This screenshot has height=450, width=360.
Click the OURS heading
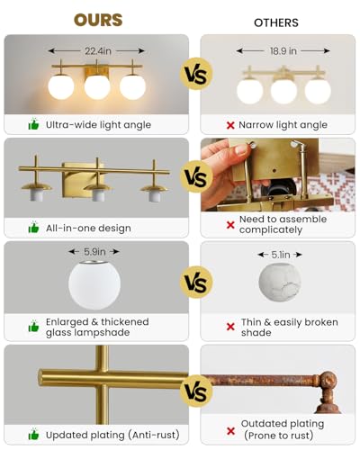point(98,20)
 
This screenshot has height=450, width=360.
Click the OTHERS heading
point(276,22)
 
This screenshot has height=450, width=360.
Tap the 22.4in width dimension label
point(98,51)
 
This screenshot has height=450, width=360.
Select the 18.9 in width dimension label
point(283,51)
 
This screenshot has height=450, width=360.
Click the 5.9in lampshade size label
point(94,252)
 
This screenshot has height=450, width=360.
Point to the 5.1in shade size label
point(281,255)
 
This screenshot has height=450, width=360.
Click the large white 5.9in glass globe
point(94,285)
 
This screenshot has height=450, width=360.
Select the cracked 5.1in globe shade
point(280,283)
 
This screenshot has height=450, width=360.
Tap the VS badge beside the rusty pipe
point(196,391)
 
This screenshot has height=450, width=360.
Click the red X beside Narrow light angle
point(230,125)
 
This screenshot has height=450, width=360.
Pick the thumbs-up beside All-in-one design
point(33,228)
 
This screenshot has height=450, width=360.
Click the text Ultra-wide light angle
point(98,125)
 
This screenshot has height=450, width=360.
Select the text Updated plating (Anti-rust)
point(112,435)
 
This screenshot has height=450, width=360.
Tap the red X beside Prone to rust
point(230,431)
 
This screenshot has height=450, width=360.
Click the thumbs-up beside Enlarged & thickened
point(33,327)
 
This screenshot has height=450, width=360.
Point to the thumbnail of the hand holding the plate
point(278,175)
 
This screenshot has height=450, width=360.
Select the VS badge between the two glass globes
point(196,282)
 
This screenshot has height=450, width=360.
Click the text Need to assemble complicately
point(283,224)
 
